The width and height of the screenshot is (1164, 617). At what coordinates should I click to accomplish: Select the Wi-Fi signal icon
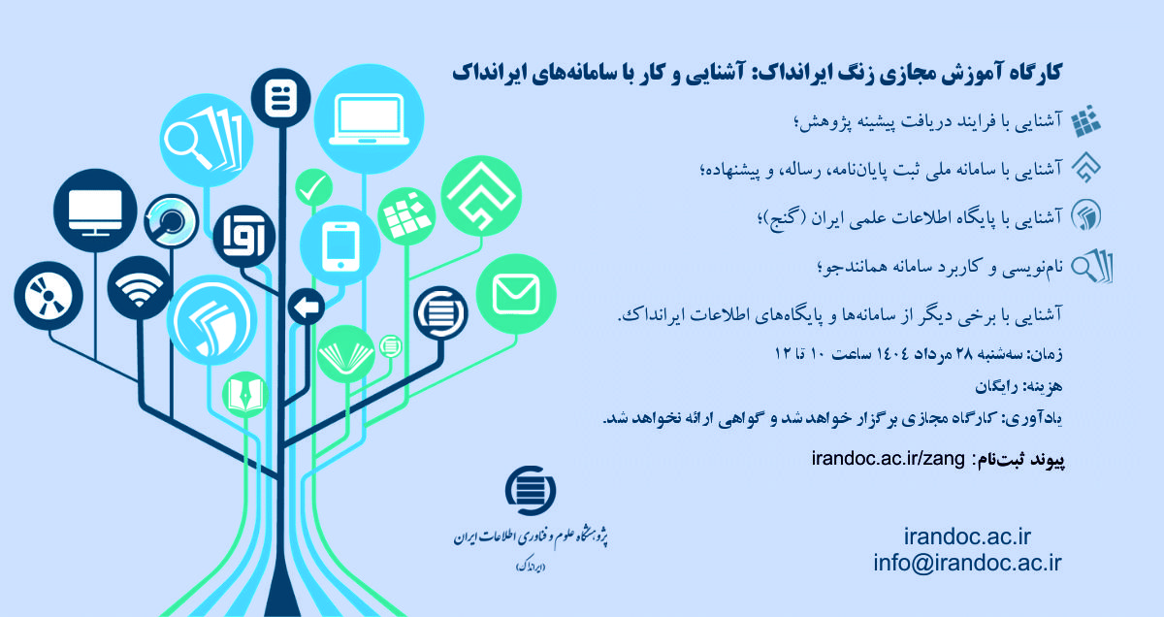(x=140, y=286)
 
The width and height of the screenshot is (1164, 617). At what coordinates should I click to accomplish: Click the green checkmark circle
(x=313, y=187)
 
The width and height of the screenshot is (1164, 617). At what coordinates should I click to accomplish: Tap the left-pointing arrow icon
(x=307, y=308)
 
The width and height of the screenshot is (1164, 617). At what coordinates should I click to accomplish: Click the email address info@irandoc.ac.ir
(x=968, y=563)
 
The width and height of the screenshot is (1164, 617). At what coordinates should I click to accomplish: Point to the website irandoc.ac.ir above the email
(x=966, y=536)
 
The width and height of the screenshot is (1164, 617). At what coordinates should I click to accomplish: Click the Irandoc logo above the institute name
(x=531, y=493)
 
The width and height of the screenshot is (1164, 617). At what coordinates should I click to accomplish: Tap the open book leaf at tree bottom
(x=244, y=393)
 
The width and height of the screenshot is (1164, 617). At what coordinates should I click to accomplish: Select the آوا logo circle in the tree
(x=237, y=231)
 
